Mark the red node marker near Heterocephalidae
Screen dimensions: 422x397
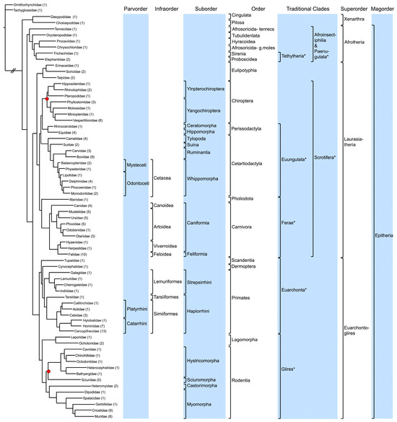(x=48, y=371)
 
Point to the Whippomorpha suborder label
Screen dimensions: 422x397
(x=205, y=175)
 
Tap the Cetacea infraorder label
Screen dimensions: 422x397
(x=164, y=175)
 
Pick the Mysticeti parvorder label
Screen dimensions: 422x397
(x=136, y=164)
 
